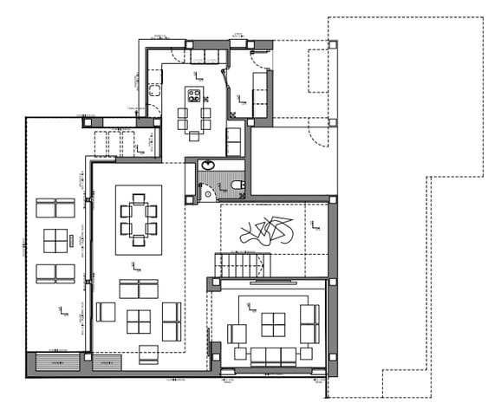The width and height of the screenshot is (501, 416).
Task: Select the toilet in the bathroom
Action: [x=237, y=185]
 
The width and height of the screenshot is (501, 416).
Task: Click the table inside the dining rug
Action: [x=139, y=218]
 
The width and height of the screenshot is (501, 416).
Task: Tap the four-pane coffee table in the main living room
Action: [x=140, y=322]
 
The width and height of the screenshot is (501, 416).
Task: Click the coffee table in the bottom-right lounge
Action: [x=272, y=324]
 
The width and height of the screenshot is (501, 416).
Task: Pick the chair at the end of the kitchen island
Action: [x=195, y=134]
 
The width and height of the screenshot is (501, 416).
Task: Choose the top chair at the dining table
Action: [x=139, y=198]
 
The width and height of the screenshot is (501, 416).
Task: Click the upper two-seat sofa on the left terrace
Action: [x=55, y=208]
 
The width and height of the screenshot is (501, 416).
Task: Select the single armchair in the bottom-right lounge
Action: [x=237, y=334]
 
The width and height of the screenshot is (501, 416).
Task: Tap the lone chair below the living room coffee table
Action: [x=148, y=354]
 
